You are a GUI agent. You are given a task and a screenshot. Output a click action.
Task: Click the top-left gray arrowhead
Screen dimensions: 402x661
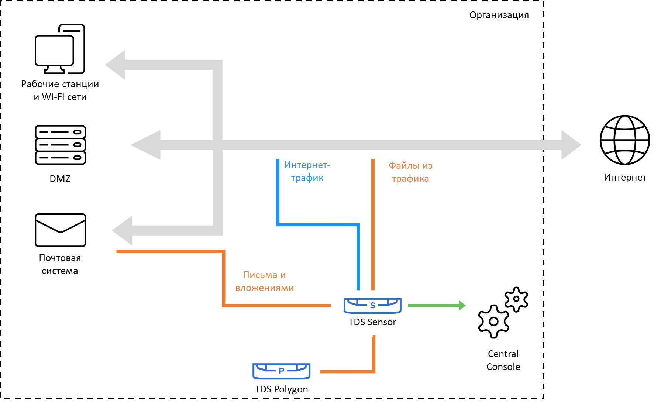(117, 65)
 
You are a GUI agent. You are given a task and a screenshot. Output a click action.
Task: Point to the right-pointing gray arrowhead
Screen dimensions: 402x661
(570, 145)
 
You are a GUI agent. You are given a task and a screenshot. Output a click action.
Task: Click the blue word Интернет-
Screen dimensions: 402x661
(307, 165)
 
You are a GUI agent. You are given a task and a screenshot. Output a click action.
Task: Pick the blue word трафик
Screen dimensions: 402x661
(307, 178)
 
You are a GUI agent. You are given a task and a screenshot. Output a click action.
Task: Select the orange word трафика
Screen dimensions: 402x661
(410, 179)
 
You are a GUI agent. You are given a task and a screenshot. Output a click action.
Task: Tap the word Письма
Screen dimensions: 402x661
(260, 275)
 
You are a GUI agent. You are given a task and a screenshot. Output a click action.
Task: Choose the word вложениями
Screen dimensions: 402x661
(264, 288)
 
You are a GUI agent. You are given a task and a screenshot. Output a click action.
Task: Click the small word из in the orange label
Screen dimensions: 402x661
(427, 166)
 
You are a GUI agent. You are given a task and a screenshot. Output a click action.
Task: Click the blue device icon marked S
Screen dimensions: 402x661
(372, 306)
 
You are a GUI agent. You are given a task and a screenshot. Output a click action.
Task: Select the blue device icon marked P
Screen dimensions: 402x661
(281, 371)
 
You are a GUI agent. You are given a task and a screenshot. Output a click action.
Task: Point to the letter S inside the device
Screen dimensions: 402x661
(373, 305)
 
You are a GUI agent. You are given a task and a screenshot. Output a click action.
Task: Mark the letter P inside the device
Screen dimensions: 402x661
(282, 371)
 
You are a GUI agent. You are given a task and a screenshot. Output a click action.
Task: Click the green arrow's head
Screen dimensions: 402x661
(462, 305)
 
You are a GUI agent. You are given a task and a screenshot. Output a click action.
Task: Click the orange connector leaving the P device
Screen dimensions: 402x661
(347, 371)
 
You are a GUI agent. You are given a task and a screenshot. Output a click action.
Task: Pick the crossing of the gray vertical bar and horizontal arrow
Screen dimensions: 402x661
(217, 145)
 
